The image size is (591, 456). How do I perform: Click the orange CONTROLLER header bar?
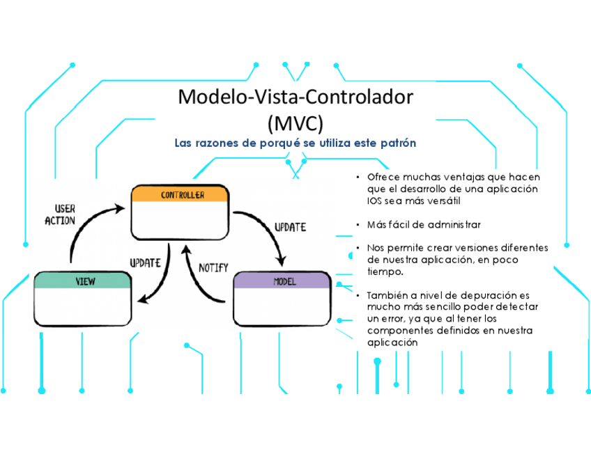click(181, 195)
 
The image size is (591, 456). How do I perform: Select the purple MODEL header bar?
click(282, 281)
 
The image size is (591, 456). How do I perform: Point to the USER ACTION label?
click(60, 214)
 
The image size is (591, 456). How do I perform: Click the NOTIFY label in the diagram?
click(214, 267)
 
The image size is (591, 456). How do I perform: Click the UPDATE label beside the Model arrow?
click(289, 227)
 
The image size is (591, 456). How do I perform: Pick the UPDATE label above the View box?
click(146, 262)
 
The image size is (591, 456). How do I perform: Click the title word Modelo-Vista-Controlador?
click(295, 97)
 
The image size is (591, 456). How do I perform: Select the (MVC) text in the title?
click(295, 123)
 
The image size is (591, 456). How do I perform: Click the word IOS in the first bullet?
click(374, 201)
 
